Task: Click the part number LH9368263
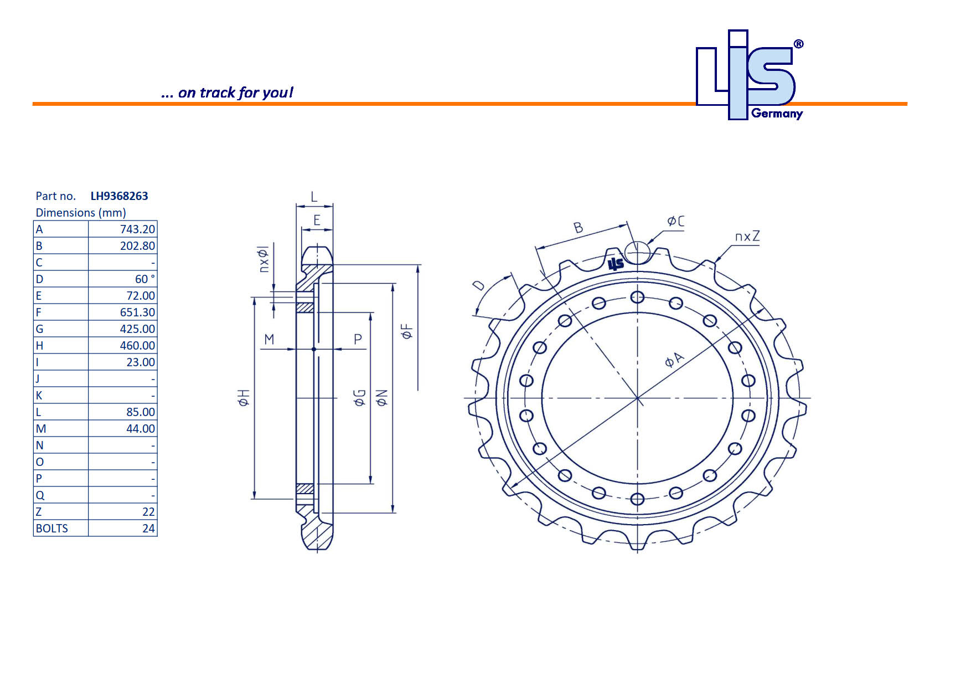pos(119,196)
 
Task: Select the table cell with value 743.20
pos(137,229)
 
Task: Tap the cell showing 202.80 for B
pos(137,246)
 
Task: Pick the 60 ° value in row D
pos(144,279)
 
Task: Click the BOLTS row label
pos(52,529)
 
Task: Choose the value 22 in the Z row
pos(148,512)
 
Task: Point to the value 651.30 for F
pos(137,312)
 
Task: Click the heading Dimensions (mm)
pos(81,213)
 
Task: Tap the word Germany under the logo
pos(777,114)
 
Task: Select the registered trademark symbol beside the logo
pos(798,44)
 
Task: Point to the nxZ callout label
pos(747,237)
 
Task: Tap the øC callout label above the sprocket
pos(675,222)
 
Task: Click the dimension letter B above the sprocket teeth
pos(578,228)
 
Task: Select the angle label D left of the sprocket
pos(479,286)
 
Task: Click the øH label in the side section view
pos(244,397)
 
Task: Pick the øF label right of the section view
pos(407,331)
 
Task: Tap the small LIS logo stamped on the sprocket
pos(616,264)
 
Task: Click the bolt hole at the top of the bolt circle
pos(637,297)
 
